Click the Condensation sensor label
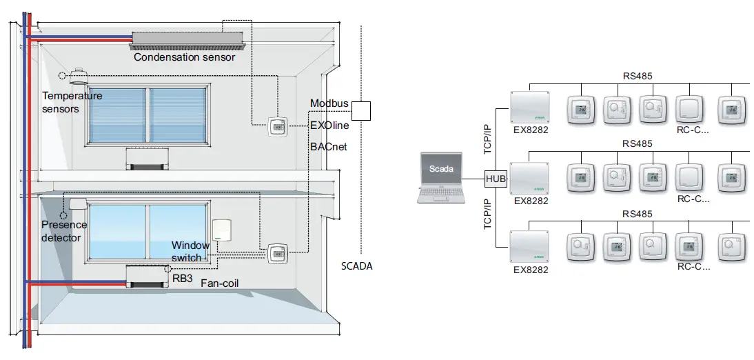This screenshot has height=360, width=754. pyautogui.click(x=184, y=57)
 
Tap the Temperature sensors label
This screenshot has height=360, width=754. pyautogui.click(x=72, y=102)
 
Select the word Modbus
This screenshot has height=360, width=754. pyautogui.click(x=329, y=103)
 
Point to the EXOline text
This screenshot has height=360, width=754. pyautogui.click(x=329, y=126)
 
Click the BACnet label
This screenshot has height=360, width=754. pyautogui.click(x=328, y=147)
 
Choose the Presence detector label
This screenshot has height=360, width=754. pyautogui.click(x=64, y=231)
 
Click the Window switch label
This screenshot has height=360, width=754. pyautogui.click(x=190, y=251)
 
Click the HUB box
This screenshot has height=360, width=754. pyautogui.click(x=496, y=179)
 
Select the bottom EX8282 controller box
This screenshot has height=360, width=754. pyautogui.click(x=531, y=248)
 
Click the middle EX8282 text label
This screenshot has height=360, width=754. pyautogui.click(x=531, y=201)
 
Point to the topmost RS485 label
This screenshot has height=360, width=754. pyautogui.click(x=637, y=77)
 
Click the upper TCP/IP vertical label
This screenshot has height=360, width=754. pyautogui.click(x=489, y=141)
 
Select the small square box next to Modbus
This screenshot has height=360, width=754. pyautogui.click(x=361, y=110)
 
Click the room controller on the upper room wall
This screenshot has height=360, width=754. pyautogui.click(x=277, y=126)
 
